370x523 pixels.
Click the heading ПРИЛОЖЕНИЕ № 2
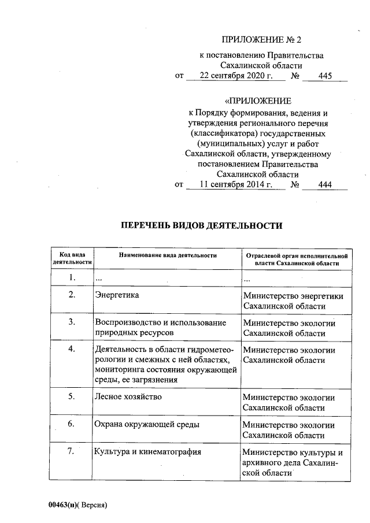point(262,40)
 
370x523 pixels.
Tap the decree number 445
point(325,76)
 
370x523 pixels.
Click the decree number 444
point(325,185)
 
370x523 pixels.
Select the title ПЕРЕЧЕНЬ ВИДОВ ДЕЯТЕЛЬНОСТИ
point(201,226)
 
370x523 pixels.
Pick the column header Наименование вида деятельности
point(168,255)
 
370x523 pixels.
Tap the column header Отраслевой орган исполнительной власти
point(296,258)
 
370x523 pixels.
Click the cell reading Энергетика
point(117,295)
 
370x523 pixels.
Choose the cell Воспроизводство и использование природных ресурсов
point(160,328)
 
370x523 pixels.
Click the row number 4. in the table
point(72,349)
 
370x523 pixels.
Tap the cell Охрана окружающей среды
point(147,425)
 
